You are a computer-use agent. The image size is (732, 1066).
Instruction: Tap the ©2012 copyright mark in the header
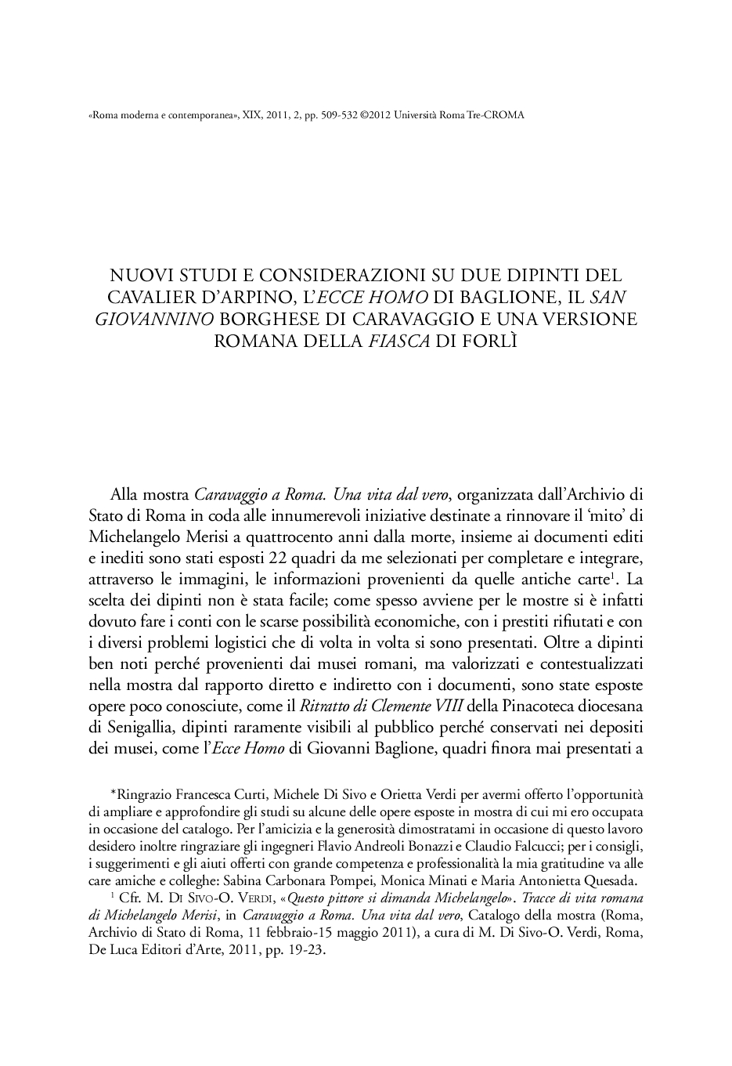(375, 114)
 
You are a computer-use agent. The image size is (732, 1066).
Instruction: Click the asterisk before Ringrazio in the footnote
(113, 793)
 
